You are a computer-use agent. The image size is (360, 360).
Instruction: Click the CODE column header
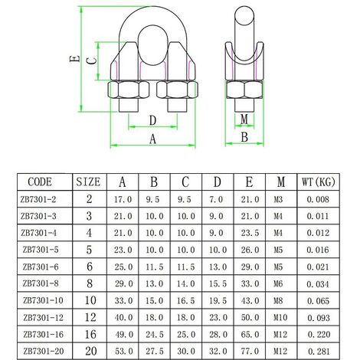pos(40,182)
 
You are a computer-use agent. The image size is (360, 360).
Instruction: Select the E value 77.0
pos(249,351)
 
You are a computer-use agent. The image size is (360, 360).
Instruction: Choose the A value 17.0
pos(122,199)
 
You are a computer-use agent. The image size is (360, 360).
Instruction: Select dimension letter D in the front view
pos(152,119)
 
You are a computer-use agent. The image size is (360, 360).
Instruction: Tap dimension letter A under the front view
pos(152,139)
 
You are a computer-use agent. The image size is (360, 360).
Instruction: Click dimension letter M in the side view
pos(244,119)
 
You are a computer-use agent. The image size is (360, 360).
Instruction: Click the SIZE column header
pos(88,182)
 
